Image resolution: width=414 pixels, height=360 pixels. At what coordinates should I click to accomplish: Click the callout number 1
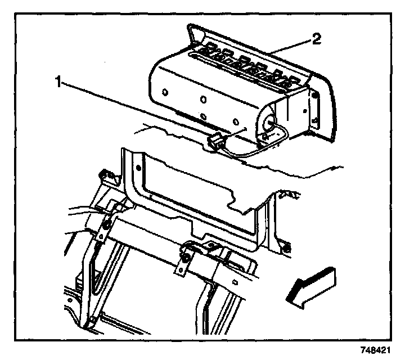[x=58, y=82]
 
